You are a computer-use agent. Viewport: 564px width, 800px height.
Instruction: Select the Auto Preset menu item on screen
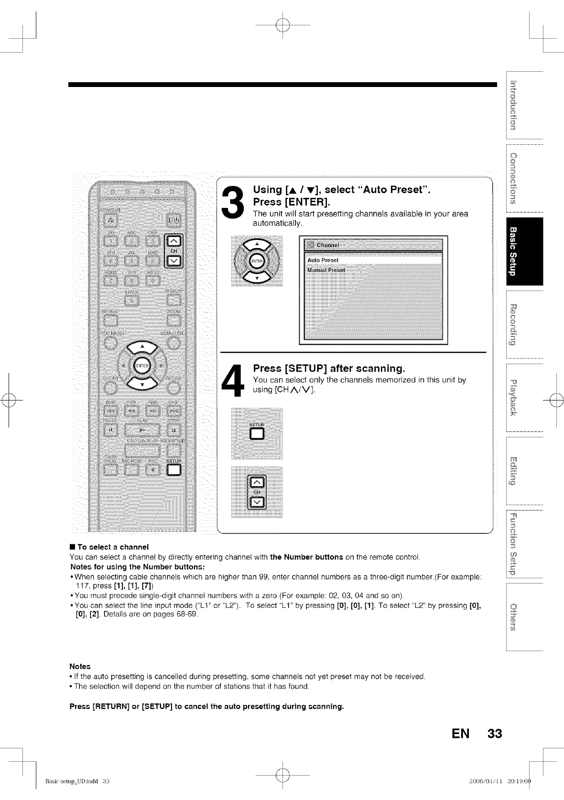point(323,260)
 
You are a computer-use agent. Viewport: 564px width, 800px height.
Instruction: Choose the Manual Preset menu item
point(326,270)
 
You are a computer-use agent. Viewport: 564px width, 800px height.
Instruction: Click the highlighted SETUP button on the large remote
point(174,470)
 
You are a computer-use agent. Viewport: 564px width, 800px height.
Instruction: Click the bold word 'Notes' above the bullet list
point(80,666)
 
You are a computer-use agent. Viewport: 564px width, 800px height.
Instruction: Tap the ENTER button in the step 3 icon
point(257,261)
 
